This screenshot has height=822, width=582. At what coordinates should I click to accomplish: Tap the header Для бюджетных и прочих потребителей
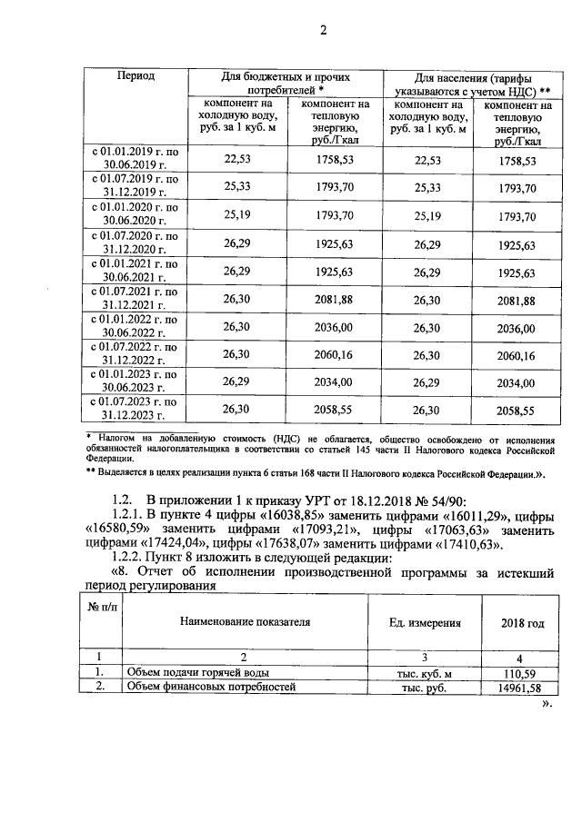click(x=286, y=84)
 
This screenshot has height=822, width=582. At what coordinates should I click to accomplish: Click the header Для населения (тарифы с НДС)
click(x=470, y=84)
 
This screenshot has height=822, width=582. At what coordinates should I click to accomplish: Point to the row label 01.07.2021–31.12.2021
click(x=135, y=300)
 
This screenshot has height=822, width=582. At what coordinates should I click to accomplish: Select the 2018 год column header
click(x=523, y=623)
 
